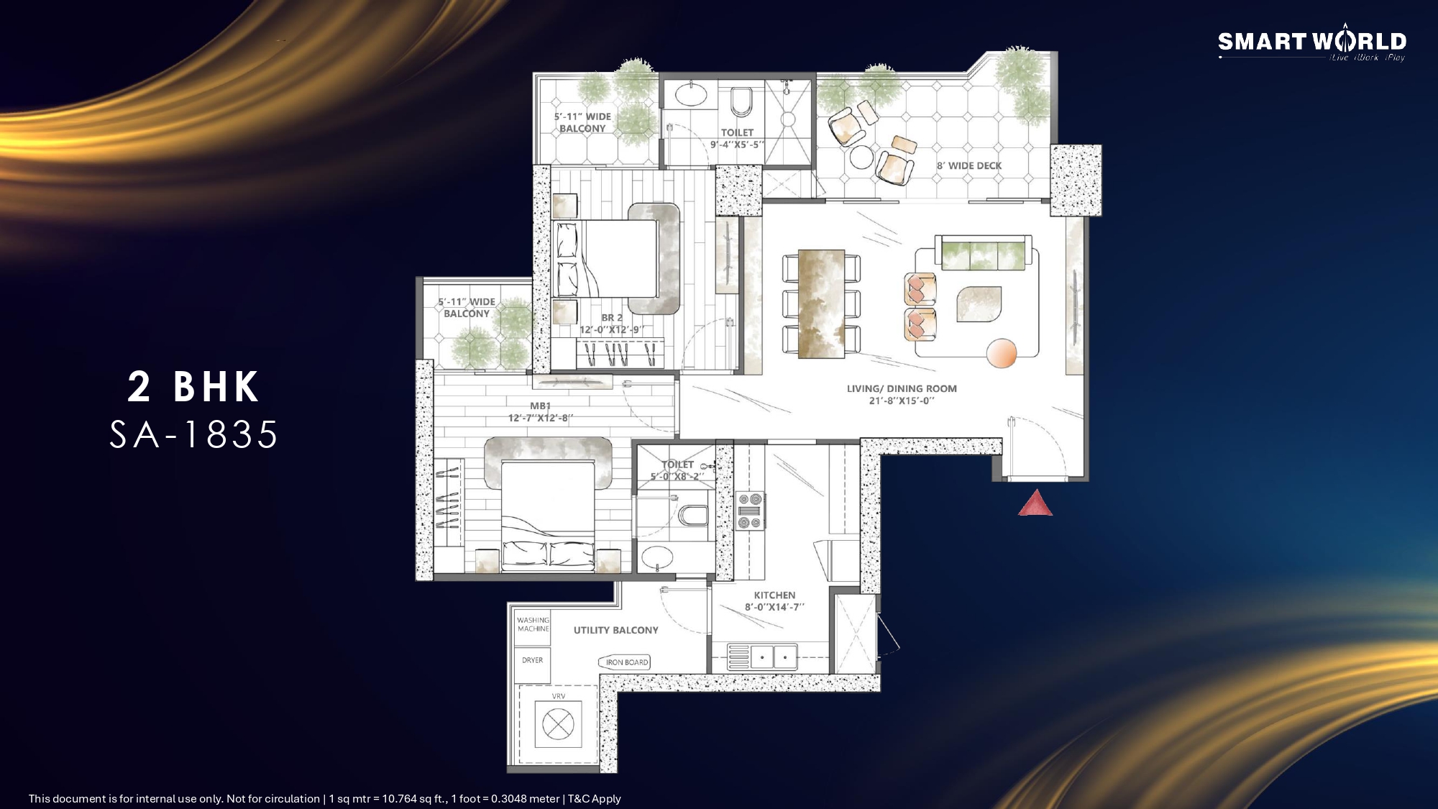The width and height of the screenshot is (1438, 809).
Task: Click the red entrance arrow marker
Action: pos(1035,503)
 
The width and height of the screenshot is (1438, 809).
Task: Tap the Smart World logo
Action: pos(1312,45)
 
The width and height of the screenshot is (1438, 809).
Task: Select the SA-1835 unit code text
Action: pos(193,435)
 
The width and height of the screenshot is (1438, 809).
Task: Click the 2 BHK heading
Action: pos(193,387)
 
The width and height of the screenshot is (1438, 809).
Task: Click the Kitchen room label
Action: pos(774,595)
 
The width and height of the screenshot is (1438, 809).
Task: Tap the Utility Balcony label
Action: pos(615,630)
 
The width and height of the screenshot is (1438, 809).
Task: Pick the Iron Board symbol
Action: pos(624,662)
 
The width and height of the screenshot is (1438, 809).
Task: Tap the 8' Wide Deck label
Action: pos(968,165)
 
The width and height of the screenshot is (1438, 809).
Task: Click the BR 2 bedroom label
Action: pos(612,324)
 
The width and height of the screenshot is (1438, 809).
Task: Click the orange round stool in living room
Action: pos(1002,352)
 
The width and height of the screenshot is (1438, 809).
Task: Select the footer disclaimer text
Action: pos(324,798)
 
